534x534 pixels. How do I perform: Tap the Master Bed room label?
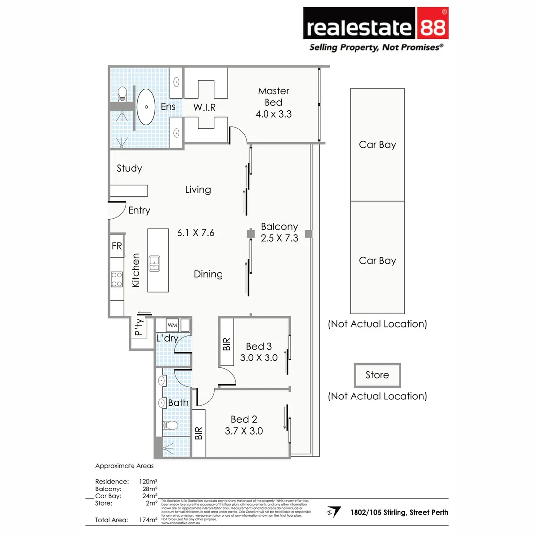click(x=273, y=97)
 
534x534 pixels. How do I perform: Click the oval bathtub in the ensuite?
click(x=145, y=107)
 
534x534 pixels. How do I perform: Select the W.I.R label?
click(x=204, y=107)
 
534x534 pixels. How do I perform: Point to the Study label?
click(x=130, y=168)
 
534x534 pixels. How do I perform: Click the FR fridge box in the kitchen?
click(x=117, y=246)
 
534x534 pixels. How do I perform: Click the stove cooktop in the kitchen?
click(x=117, y=279)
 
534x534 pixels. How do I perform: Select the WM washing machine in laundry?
click(x=172, y=325)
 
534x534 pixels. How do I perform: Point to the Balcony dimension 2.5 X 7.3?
click(x=279, y=238)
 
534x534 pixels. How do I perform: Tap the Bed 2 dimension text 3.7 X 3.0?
click(x=244, y=431)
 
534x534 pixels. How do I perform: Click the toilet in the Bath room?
click(x=170, y=425)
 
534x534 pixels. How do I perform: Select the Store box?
click(x=377, y=375)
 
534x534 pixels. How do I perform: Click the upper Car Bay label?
click(x=377, y=145)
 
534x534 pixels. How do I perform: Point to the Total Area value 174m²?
click(x=148, y=520)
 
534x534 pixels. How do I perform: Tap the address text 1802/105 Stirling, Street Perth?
click(x=399, y=512)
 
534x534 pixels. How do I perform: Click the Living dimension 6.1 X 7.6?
click(x=196, y=232)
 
